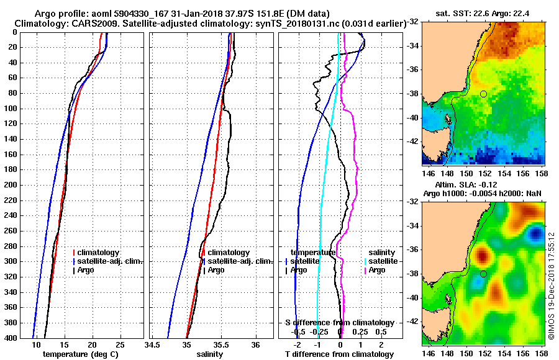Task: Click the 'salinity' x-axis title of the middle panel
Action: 211,354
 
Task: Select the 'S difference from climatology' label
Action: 339,323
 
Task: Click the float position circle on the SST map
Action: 483,94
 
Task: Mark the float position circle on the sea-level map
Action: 483,274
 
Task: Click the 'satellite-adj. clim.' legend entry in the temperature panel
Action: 110,261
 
